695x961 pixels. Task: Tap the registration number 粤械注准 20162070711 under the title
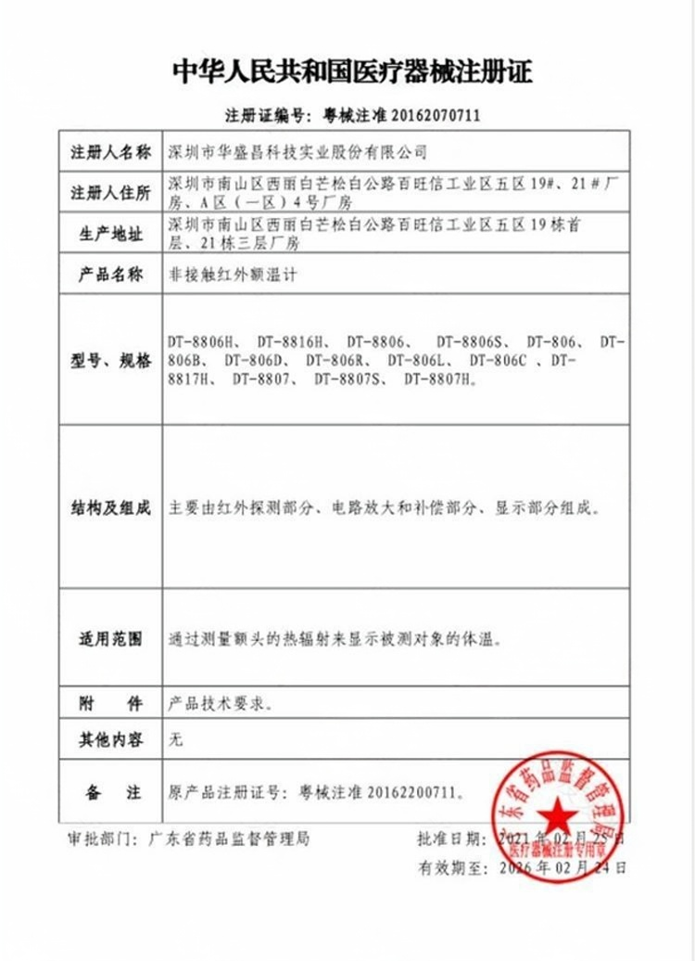pyautogui.click(x=401, y=116)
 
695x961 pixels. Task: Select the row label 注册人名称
pyautogui.click(x=110, y=152)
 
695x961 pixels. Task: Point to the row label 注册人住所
pyautogui.click(x=110, y=194)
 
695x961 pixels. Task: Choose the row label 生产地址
pyautogui.click(x=110, y=236)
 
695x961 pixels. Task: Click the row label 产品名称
pyautogui.click(x=110, y=275)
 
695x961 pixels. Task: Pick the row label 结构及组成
pyautogui.click(x=110, y=508)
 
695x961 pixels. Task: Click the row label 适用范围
pyautogui.click(x=110, y=640)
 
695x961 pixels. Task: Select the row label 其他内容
pyautogui.click(x=110, y=740)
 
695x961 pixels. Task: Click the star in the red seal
pyautogui.click(x=558, y=815)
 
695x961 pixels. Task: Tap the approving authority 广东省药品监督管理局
pyautogui.click(x=230, y=839)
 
